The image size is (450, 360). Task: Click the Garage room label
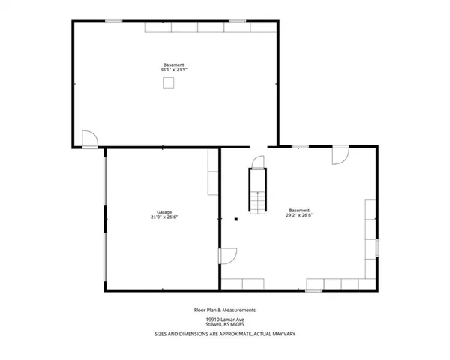click(163, 212)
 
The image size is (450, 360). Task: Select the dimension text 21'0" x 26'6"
click(163, 217)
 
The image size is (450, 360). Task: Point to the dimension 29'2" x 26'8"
click(299, 215)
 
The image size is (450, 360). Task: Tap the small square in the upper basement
click(170, 84)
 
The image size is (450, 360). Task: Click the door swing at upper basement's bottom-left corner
click(88, 139)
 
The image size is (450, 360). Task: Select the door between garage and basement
click(226, 256)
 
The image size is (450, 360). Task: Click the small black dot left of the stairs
click(235, 220)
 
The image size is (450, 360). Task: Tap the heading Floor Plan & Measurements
click(225, 309)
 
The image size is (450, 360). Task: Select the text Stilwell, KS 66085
click(225, 324)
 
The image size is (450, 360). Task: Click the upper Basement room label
click(173, 64)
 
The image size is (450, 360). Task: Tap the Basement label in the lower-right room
click(299, 210)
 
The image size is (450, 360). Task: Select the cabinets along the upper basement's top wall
click(209, 27)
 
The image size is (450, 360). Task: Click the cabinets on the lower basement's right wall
click(370, 229)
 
